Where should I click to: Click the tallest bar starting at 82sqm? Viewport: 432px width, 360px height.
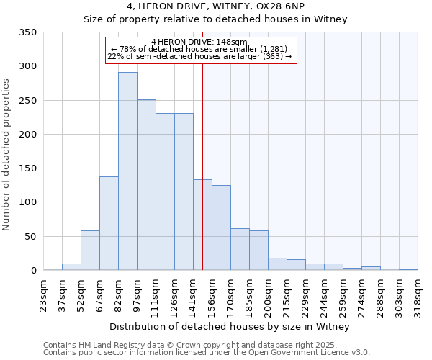click(x=127, y=171)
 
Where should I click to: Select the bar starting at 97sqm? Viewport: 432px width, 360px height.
click(x=146, y=185)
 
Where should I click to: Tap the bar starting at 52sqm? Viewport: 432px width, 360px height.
click(x=90, y=251)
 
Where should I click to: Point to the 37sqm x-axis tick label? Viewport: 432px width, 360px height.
click(x=63, y=294)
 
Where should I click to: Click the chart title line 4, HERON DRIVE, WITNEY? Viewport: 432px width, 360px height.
click(x=216, y=6)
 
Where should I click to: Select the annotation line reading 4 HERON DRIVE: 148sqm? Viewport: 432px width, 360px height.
click(x=199, y=42)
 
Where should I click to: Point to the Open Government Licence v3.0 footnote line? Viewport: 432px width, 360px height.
click(x=206, y=353)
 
